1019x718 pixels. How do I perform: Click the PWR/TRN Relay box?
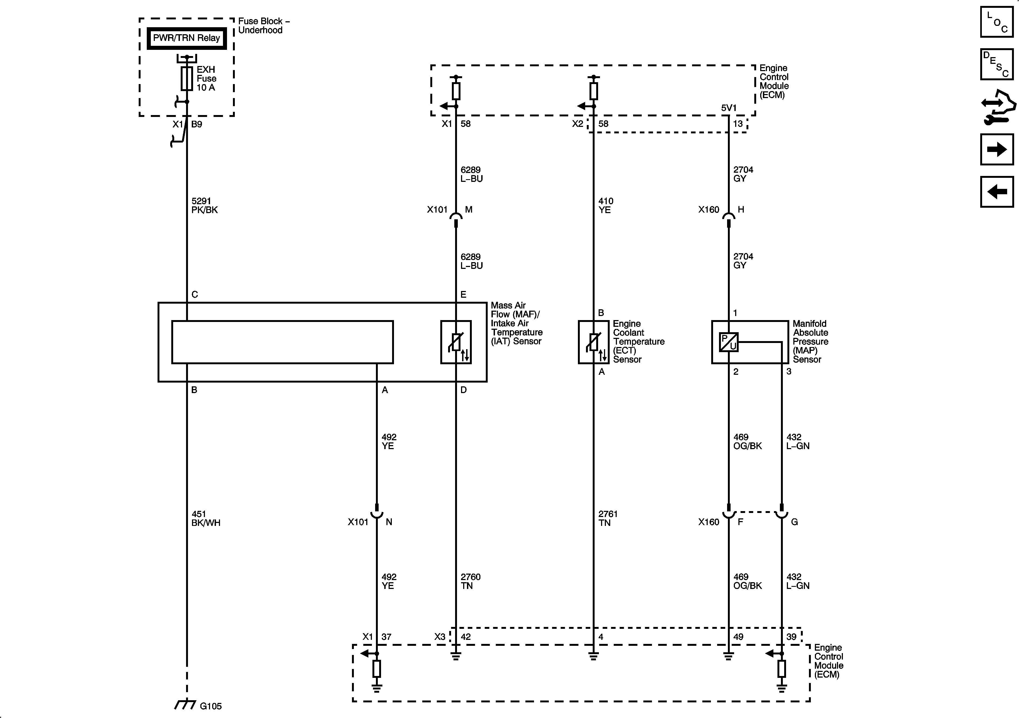tap(186, 38)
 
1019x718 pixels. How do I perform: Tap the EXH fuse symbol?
tap(187, 79)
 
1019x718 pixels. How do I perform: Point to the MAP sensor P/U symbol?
tap(728, 342)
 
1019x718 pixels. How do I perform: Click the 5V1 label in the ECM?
tap(729, 108)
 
